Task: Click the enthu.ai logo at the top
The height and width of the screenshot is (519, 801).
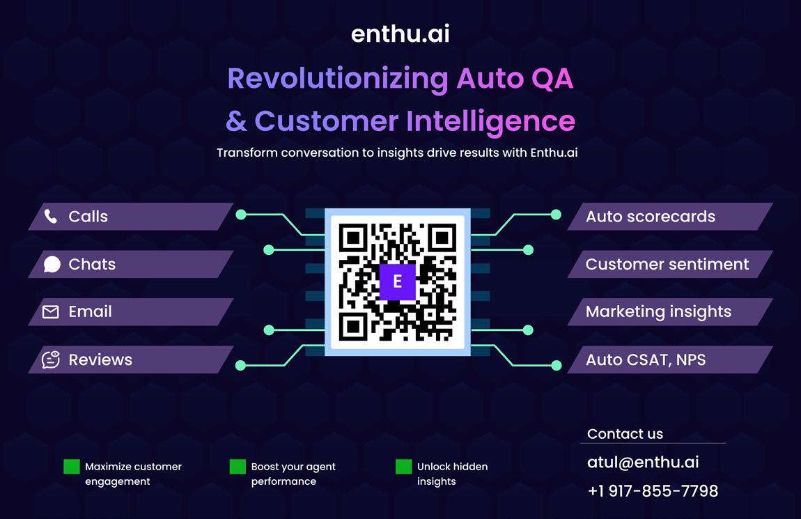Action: [x=400, y=33]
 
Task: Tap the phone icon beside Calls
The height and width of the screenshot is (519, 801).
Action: [x=51, y=216]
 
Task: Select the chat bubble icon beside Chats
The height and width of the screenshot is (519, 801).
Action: [x=52, y=264]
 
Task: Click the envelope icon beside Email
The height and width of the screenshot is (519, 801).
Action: [x=51, y=312]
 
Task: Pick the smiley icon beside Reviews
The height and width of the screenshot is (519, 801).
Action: [x=51, y=359]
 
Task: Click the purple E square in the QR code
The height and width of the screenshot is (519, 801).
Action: [x=397, y=281]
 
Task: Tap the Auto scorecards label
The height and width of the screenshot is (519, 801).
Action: [x=650, y=217]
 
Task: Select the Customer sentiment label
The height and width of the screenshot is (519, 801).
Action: [x=667, y=264]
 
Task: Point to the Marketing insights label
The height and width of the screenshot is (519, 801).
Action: [x=658, y=311]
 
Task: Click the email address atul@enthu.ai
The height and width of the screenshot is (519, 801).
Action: [x=643, y=462]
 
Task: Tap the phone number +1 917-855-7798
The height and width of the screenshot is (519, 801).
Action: [x=653, y=490]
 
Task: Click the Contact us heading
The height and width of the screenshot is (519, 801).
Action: [x=625, y=433]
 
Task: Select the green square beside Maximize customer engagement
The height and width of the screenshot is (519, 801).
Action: [x=72, y=467]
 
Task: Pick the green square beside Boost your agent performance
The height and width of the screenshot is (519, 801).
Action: [x=238, y=467]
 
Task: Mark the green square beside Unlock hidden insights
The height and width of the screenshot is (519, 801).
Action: [x=403, y=467]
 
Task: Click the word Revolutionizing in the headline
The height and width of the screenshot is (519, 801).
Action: [x=338, y=79]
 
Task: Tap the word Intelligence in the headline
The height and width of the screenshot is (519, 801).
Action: [x=490, y=121]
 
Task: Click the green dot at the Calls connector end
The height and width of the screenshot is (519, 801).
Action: [x=241, y=215]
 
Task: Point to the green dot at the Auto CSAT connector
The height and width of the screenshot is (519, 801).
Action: [x=556, y=365]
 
